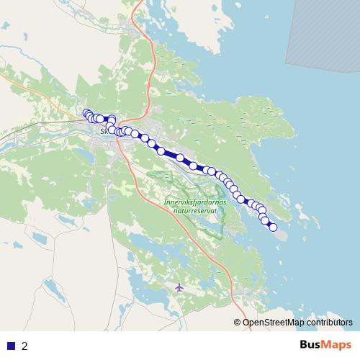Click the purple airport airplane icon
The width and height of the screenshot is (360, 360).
click(179, 287)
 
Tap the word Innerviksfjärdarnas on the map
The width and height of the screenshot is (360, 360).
click(195, 203)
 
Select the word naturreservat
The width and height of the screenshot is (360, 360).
click(195, 212)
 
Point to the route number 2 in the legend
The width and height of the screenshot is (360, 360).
click(24, 346)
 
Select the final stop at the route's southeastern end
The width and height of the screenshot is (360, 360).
click(273, 227)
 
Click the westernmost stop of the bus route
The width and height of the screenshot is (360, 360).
click(86, 113)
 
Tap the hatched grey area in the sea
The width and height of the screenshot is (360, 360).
click(324, 36)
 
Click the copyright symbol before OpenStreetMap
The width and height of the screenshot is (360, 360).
click(238, 323)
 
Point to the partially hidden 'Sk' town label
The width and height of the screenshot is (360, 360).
click(104, 132)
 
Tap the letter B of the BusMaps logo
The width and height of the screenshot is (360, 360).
click(304, 345)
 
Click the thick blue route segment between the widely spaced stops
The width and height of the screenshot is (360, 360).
click(168, 153)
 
